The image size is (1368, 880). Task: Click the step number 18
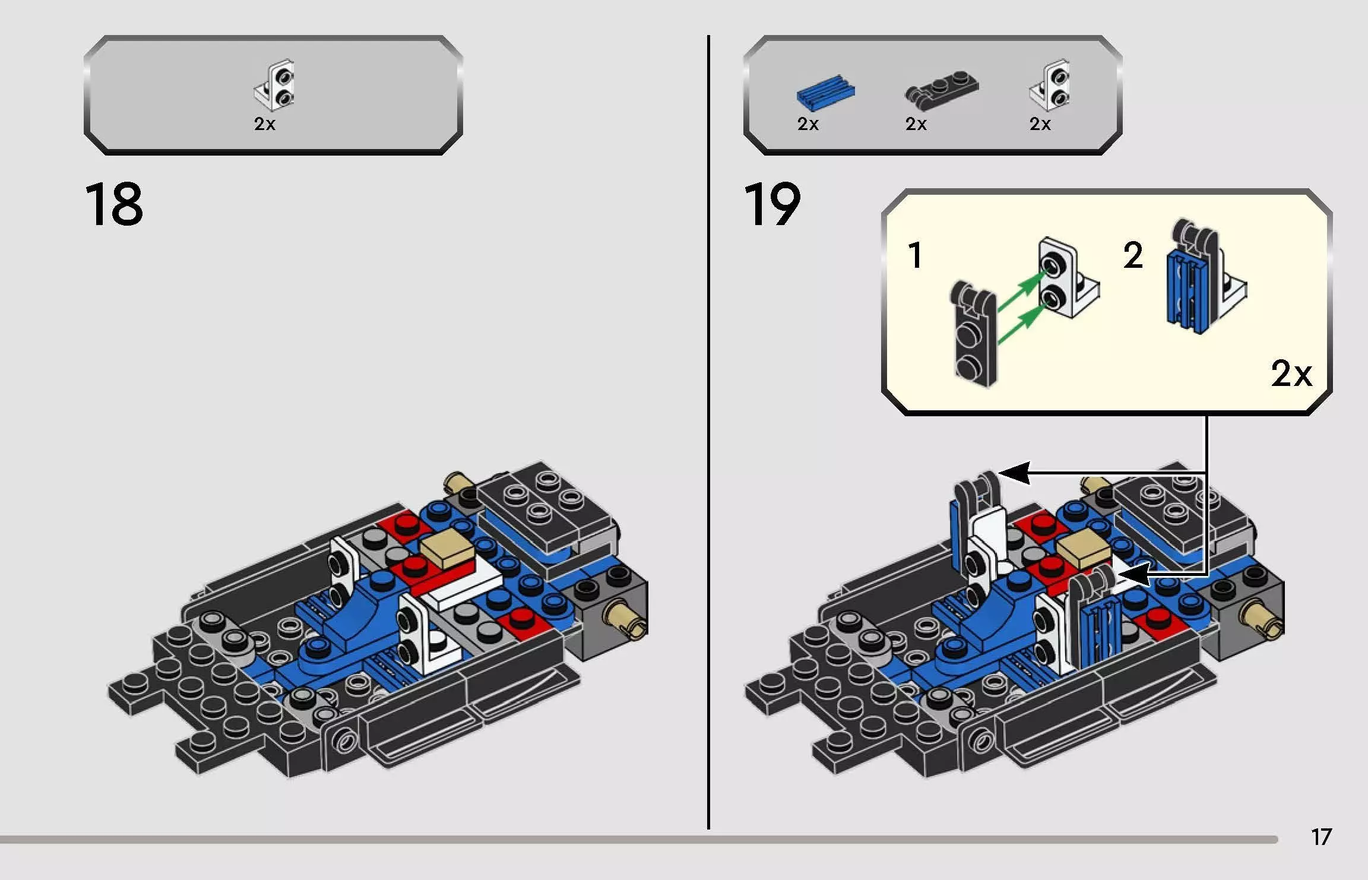(x=113, y=205)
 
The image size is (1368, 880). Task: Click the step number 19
(x=772, y=205)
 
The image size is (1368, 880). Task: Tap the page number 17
(x=1321, y=837)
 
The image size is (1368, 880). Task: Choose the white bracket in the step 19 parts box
(x=1051, y=86)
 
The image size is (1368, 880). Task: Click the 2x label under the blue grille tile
(x=807, y=124)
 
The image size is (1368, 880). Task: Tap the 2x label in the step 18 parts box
(x=265, y=124)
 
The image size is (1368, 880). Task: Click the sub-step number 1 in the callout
(x=915, y=255)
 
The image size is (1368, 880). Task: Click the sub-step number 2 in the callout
(x=1133, y=255)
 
